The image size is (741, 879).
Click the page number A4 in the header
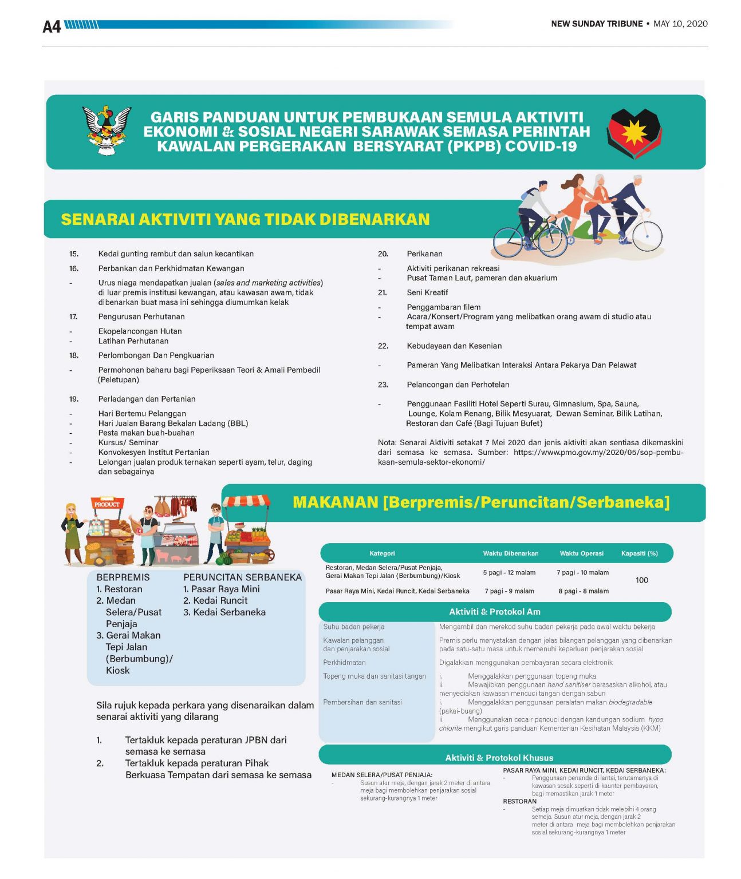coord(52,26)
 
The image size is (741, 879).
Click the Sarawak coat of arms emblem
coord(107,130)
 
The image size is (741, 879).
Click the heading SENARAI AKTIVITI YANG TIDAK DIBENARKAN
coord(245,219)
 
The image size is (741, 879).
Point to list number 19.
coord(74,399)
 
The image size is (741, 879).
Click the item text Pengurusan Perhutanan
coord(141,316)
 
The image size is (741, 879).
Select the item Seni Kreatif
coord(427,292)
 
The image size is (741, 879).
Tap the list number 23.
coord(383,385)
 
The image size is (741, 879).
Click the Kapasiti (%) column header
coord(639,553)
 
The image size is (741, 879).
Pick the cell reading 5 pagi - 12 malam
coord(509,572)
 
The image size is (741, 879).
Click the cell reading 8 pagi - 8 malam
coord(584,591)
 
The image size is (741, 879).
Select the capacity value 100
coord(641,580)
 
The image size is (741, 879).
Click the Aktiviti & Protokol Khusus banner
coord(499,758)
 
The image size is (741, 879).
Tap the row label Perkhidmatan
coord(344,662)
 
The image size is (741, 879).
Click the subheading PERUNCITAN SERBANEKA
coord(242,577)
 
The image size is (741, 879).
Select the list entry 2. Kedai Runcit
coord(215,600)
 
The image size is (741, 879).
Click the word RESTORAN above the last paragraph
coord(519,801)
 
